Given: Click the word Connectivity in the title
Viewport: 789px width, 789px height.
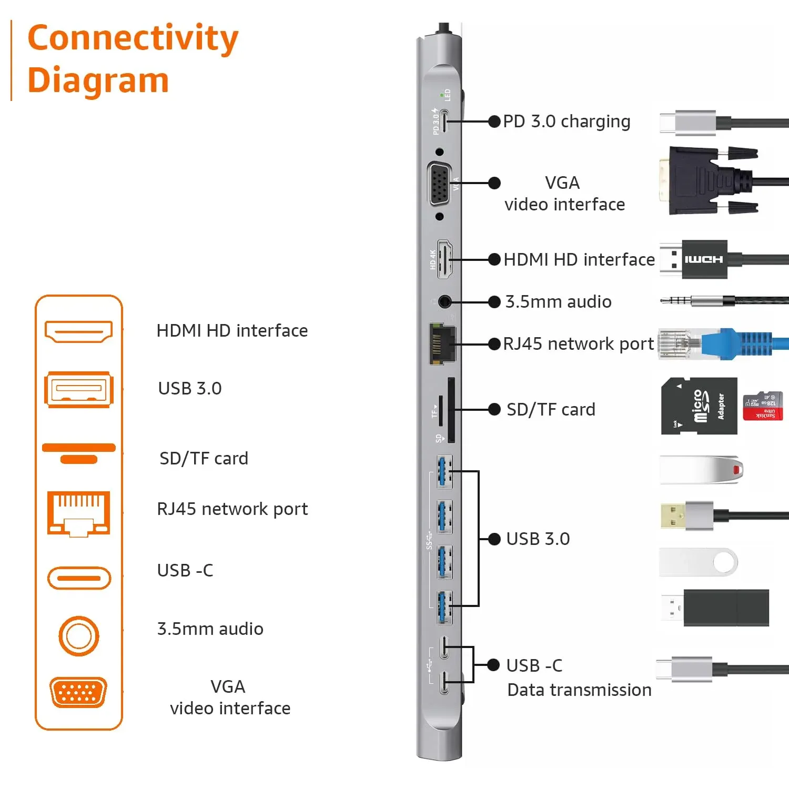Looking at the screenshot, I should click(133, 38).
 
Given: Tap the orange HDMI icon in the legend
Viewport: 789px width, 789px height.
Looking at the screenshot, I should click(79, 331).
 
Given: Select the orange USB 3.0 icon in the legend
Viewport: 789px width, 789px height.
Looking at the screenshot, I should click(79, 390).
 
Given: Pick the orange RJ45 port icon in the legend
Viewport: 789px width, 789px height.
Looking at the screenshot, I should click(79, 513).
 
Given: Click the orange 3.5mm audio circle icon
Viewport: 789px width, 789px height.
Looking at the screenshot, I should click(79, 636).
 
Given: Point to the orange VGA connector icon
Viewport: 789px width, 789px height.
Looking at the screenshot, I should click(78, 692).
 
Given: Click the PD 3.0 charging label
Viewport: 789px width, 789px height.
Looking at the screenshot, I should click(567, 122).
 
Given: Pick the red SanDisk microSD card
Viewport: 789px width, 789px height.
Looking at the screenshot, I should click(763, 406).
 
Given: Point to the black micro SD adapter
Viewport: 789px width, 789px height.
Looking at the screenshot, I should click(699, 406).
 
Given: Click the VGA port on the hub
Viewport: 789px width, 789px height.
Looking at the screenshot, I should click(440, 184).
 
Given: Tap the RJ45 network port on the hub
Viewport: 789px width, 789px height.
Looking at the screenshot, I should click(442, 343).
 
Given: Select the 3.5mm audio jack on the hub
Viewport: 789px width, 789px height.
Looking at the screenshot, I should click(445, 302).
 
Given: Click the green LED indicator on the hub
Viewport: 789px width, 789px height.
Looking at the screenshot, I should click(441, 95).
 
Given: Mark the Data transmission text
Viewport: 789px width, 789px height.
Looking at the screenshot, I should click(579, 690).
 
